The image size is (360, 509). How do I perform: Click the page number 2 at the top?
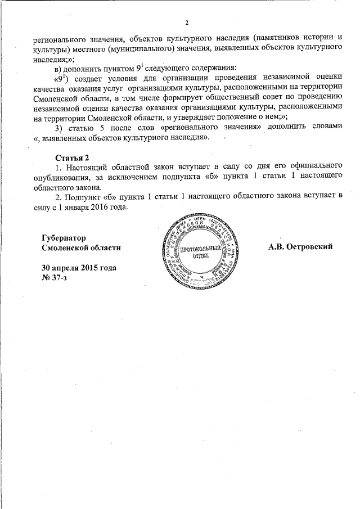coord(186,22)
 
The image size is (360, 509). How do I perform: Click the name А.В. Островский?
coord(301,247)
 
